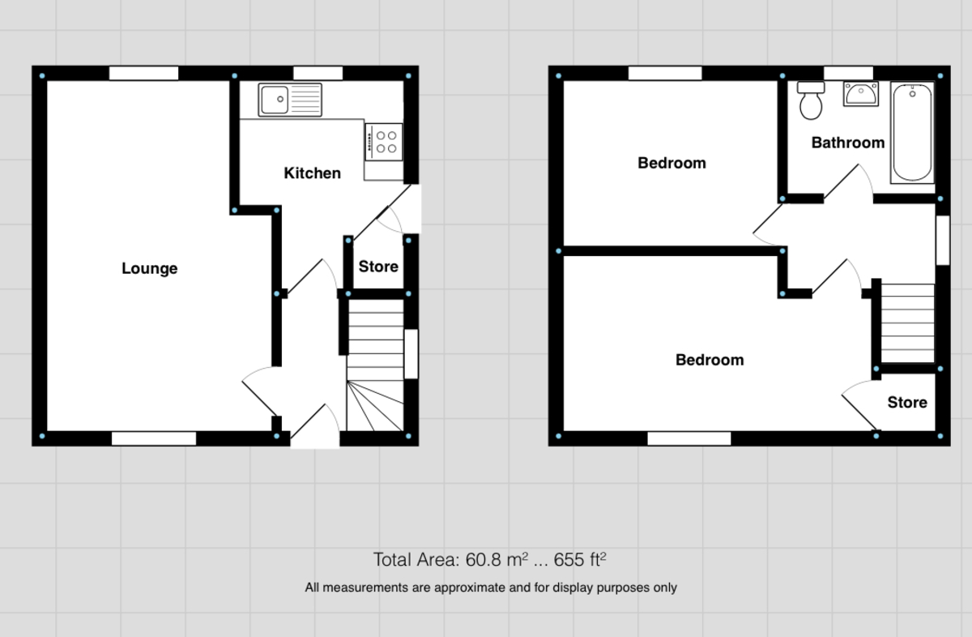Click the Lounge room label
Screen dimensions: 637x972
149,268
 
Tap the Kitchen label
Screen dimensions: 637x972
312,173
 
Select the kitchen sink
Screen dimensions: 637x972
290,100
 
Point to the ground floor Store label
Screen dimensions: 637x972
378,267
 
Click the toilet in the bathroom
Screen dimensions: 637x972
810,100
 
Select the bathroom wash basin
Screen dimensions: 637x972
860,94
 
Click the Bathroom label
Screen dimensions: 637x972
848,143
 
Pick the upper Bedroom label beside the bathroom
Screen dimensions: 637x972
671,163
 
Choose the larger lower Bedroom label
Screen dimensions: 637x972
710,360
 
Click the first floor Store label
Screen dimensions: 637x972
906,403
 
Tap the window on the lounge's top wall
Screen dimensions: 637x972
143,74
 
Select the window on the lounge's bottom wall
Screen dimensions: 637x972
154,438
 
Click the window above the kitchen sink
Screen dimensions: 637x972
318,74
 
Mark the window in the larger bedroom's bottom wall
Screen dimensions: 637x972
689,438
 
